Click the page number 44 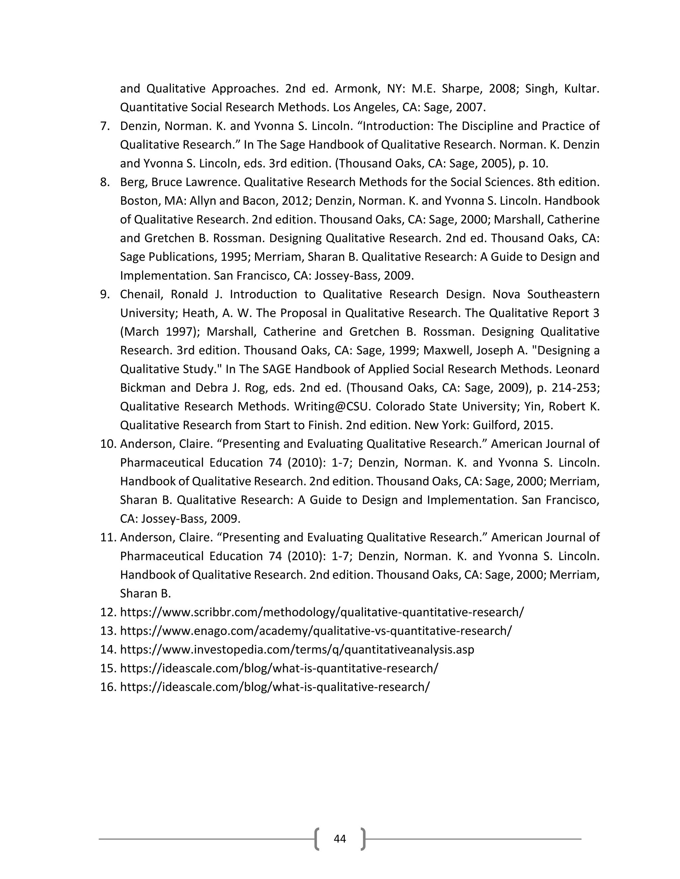click(340, 838)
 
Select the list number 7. click(105, 126)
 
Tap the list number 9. click(105, 294)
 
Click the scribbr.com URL click(321, 612)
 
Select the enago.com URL click(315, 631)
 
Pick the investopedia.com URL click(297, 649)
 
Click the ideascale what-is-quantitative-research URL click(279, 668)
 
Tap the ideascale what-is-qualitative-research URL click(275, 687)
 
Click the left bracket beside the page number click(317, 838)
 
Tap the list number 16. click(108, 687)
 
